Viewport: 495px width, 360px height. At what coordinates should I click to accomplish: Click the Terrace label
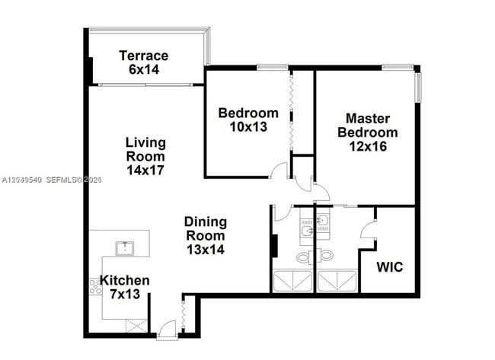(x=144, y=56)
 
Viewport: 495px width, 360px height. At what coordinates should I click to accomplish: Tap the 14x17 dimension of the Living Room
(x=145, y=170)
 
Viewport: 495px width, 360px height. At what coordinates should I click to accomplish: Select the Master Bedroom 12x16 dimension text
(x=368, y=146)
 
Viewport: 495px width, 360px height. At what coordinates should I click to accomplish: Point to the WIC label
(x=390, y=267)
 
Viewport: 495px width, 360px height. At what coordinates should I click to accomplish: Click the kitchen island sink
(x=125, y=248)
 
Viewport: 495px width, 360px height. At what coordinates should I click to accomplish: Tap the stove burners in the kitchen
(x=95, y=287)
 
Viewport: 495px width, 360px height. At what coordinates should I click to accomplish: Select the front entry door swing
(x=167, y=329)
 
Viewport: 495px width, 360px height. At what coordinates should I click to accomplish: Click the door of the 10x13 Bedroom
(x=279, y=170)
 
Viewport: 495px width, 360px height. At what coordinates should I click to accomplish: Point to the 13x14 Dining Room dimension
(x=206, y=250)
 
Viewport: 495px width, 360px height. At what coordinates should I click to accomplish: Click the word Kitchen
(x=125, y=280)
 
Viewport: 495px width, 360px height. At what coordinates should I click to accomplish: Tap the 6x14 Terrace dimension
(x=144, y=69)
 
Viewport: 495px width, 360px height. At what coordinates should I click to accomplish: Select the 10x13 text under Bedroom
(x=248, y=127)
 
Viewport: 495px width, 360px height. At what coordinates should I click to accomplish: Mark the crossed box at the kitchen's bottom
(x=136, y=326)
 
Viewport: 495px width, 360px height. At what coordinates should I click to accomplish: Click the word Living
(x=145, y=142)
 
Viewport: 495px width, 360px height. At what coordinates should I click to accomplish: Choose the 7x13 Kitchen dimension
(x=125, y=294)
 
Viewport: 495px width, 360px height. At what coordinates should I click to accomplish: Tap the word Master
(x=368, y=119)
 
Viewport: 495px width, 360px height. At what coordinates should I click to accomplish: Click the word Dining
(x=206, y=221)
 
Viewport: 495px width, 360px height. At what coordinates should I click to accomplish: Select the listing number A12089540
(x=22, y=180)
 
